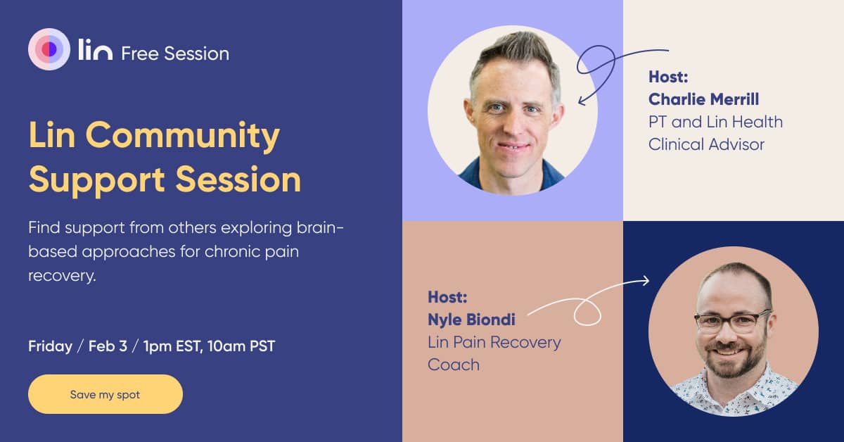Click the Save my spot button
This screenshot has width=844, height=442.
click(105, 394)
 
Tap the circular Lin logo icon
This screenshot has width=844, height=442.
click(49, 49)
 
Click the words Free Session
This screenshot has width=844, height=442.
click(175, 53)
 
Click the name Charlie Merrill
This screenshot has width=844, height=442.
click(703, 99)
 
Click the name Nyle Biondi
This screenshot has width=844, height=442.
click(471, 320)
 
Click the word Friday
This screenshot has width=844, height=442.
click(50, 346)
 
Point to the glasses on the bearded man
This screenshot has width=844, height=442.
click(732, 322)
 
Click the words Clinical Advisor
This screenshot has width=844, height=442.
click(706, 144)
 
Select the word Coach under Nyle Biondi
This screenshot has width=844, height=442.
click(454, 365)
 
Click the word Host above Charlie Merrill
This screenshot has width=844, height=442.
click(667, 76)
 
